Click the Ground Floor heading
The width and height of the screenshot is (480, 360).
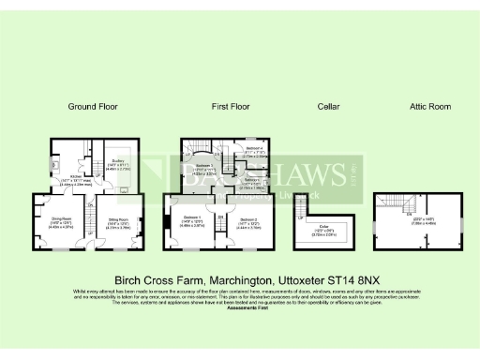[x=93, y=108]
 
